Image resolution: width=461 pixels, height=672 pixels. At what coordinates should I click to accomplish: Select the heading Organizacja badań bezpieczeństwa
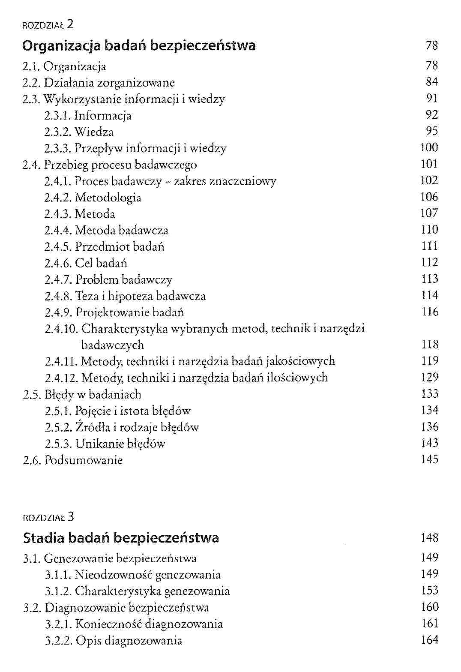[x=139, y=45]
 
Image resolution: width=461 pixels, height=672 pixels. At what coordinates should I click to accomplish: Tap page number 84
[x=431, y=82]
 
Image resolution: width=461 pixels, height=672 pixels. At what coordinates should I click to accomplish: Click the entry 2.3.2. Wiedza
[x=79, y=132]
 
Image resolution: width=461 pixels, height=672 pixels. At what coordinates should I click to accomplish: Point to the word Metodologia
[x=108, y=198]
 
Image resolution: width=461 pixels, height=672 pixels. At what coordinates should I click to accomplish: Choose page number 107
[x=429, y=213]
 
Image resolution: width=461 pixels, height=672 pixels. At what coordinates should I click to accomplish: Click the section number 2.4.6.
[x=58, y=263]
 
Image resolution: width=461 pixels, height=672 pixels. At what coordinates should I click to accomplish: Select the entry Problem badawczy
[x=124, y=280]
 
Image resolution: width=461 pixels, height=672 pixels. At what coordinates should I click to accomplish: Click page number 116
[x=429, y=312]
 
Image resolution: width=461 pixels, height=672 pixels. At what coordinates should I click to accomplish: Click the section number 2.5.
[x=32, y=395]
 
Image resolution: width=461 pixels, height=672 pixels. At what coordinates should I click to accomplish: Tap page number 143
[x=429, y=443]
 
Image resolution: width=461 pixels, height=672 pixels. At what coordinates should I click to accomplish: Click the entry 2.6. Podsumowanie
[x=72, y=460]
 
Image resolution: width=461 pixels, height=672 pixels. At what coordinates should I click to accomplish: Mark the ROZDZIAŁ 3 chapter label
[x=48, y=517]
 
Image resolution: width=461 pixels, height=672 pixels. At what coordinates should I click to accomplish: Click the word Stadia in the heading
[x=43, y=538]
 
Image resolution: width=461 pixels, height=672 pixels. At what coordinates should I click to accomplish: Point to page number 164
[x=429, y=640]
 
